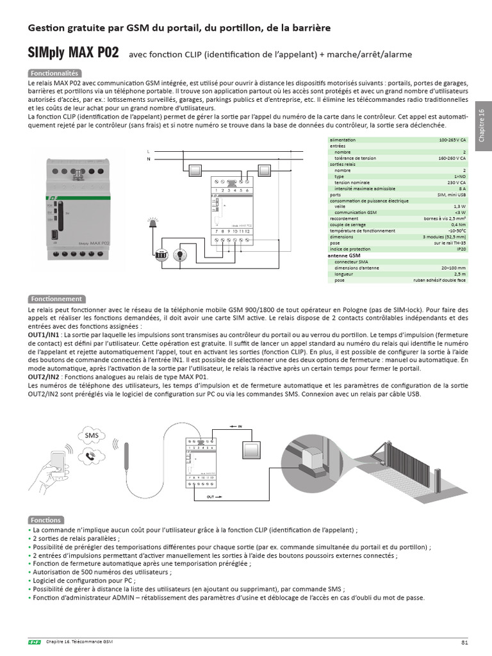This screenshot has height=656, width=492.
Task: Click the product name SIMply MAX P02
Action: [x=73, y=52]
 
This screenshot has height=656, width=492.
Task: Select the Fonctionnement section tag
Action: [x=56, y=299]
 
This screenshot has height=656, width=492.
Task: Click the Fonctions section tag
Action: [x=45, y=520]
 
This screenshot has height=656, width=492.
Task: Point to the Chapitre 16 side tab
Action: [x=482, y=125]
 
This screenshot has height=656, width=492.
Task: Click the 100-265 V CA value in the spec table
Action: [x=452, y=140]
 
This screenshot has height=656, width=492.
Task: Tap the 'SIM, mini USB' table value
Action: [x=450, y=194]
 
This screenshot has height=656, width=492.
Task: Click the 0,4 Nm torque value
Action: [x=457, y=224]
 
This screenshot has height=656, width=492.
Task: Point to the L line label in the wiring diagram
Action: [x=149, y=151]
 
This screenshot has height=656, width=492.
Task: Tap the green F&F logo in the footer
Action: [x=34, y=643]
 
